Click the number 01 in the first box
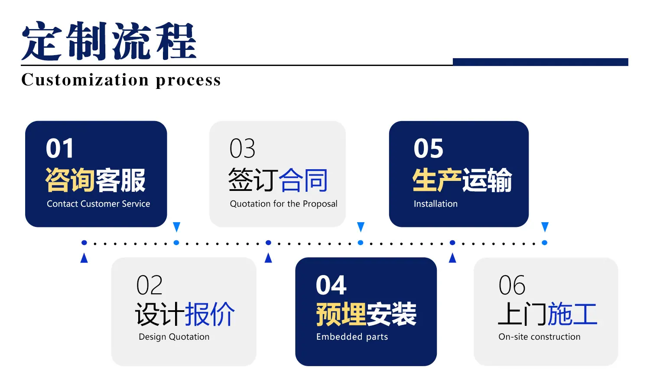(59, 148)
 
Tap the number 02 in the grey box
(149, 285)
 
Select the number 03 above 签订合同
(242, 148)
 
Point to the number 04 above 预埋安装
(331, 285)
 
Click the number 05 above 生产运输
(429, 148)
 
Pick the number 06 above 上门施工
(512, 285)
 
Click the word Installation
(435, 203)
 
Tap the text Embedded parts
(352, 337)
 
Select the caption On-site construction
(539, 337)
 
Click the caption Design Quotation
(174, 337)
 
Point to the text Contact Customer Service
(98, 203)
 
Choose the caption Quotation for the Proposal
(283, 204)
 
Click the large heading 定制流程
(109, 41)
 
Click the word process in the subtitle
(188, 81)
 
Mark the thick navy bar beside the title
(540, 62)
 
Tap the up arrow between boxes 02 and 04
(268, 258)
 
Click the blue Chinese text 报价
(210, 314)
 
